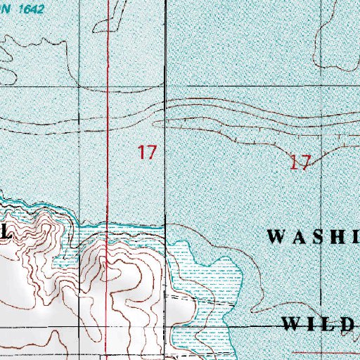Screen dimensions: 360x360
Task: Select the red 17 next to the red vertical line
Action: pyautogui.click(x=146, y=152)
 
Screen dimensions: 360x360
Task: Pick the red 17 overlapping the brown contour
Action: pyautogui.click(x=300, y=163)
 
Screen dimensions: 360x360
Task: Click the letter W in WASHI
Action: pyautogui.click(x=276, y=237)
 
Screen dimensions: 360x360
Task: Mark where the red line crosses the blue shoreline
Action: pyautogui.click(x=108, y=227)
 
